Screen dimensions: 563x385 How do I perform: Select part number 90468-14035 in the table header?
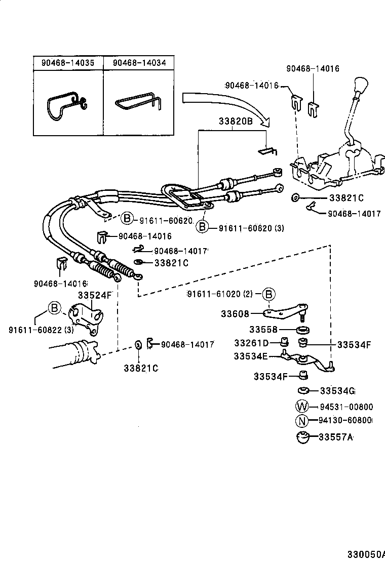point(68,63)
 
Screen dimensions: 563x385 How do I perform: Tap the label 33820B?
point(236,122)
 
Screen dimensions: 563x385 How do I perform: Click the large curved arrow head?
point(264,122)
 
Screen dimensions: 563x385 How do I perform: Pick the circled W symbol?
point(302,406)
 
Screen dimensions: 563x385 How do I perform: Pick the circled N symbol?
point(302,420)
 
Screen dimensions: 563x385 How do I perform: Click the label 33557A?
point(335,436)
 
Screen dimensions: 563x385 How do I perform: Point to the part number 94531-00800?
point(346,406)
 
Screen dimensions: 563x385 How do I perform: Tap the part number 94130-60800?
point(346,420)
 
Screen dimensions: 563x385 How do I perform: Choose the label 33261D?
point(251,343)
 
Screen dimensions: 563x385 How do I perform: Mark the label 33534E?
point(250,356)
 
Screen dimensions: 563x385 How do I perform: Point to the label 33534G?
point(337,390)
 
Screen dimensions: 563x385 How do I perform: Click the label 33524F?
point(94,295)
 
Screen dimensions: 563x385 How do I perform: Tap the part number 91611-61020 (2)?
point(220,294)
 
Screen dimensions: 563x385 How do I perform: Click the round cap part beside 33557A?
point(303,437)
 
